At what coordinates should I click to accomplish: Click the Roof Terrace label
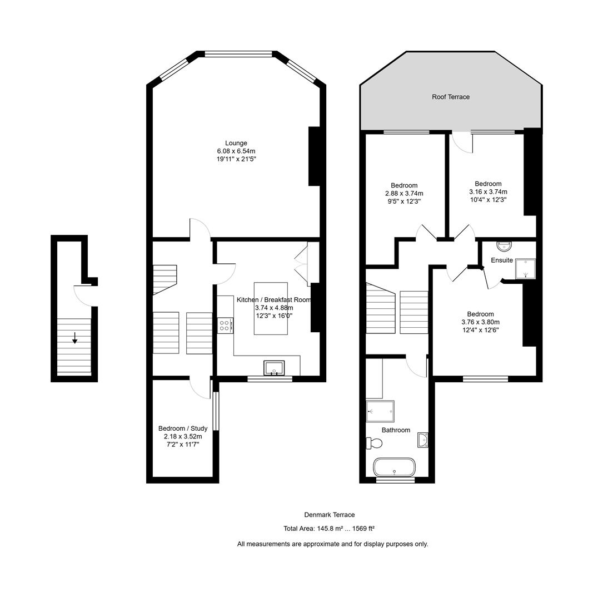[x=451, y=97]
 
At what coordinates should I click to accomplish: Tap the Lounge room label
[x=236, y=143]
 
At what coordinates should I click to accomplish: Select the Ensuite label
[x=501, y=260]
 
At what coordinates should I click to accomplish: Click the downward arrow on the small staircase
[x=74, y=338]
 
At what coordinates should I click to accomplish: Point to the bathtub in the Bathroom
[x=394, y=467]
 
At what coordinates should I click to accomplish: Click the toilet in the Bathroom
[x=374, y=443]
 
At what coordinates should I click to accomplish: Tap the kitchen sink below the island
[x=275, y=368]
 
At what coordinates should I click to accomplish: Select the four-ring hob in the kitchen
[x=226, y=325]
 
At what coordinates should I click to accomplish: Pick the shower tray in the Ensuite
[x=525, y=268]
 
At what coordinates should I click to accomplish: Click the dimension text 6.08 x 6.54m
[x=236, y=151]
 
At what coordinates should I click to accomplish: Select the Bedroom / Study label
[x=183, y=428]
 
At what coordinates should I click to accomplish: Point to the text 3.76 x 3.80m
[x=480, y=322]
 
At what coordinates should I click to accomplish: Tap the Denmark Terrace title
[x=329, y=515]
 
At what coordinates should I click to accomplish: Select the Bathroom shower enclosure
[x=380, y=411]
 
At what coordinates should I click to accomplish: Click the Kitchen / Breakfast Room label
[x=273, y=299]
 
